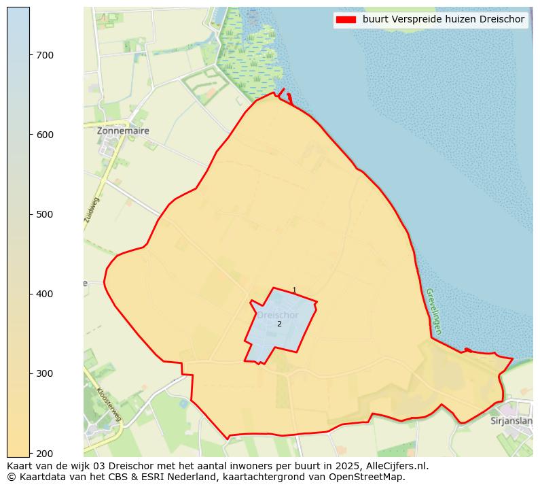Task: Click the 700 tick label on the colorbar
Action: [45, 55]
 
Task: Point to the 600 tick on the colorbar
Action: [45, 135]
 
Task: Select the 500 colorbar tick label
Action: [45, 214]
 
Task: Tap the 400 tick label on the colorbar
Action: [45, 294]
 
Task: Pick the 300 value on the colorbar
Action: [45, 373]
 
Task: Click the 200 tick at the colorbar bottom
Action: [45, 453]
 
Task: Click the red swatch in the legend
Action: [345, 20]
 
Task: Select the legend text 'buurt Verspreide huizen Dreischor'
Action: [443, 20]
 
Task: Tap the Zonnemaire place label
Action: [123, 131]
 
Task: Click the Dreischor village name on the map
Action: [277, 316]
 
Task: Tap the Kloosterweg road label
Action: [109, 405]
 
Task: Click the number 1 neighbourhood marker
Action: [294, 290]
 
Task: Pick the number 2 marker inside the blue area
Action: [279, 324]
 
